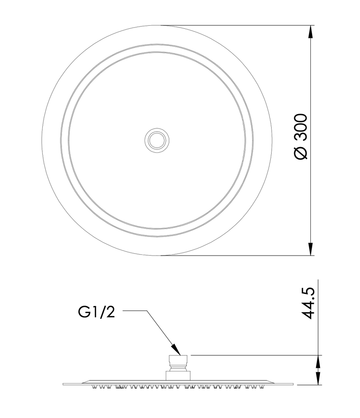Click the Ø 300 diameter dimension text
301,136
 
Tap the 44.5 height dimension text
309,303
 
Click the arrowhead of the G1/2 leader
176,349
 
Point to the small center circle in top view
157,140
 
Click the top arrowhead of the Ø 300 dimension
310,32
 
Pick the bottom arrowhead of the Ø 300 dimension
310,249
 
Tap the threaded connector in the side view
178,363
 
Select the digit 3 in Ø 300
301,136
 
